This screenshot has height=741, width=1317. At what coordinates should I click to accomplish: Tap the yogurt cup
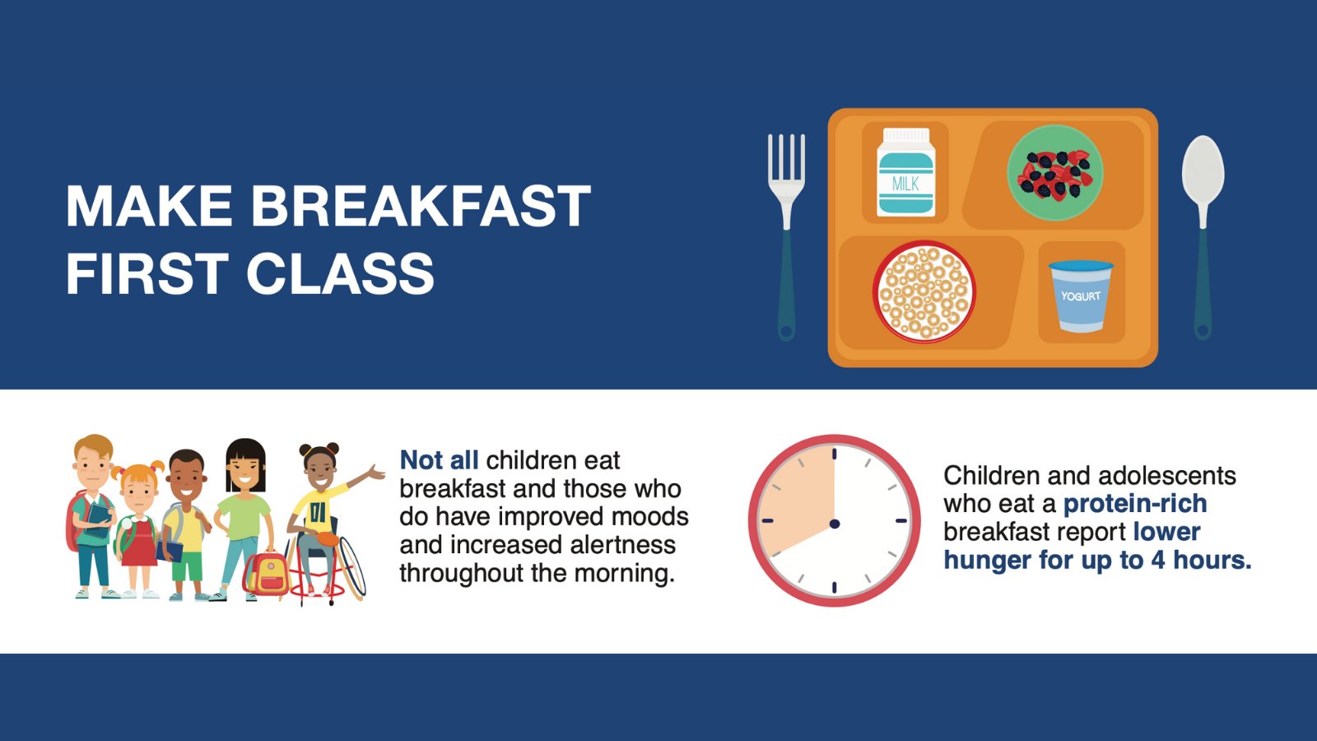pyautogui.click(x=1081, y=296)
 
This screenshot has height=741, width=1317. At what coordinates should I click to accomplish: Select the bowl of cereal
pyautogui.click(x=924, y=291)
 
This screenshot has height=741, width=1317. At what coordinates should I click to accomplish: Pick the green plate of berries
pyautogui.click(x=1054, y=173)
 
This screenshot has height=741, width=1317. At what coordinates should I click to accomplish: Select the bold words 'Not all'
pyautogui.click(x=439, y=460)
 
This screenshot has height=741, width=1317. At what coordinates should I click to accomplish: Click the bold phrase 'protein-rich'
pyautogui.click(x=1135, y=503)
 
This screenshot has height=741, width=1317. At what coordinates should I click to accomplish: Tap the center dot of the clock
pyautogui.click(x=835, y=524)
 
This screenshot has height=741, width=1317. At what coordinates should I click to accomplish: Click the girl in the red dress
pyautogui.click(x=138, y=527)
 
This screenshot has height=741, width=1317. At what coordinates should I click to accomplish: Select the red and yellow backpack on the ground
pyautogui.click(x=267, y=573)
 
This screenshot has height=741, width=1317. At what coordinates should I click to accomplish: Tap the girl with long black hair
pyautogui.click(x=244, y=510)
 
